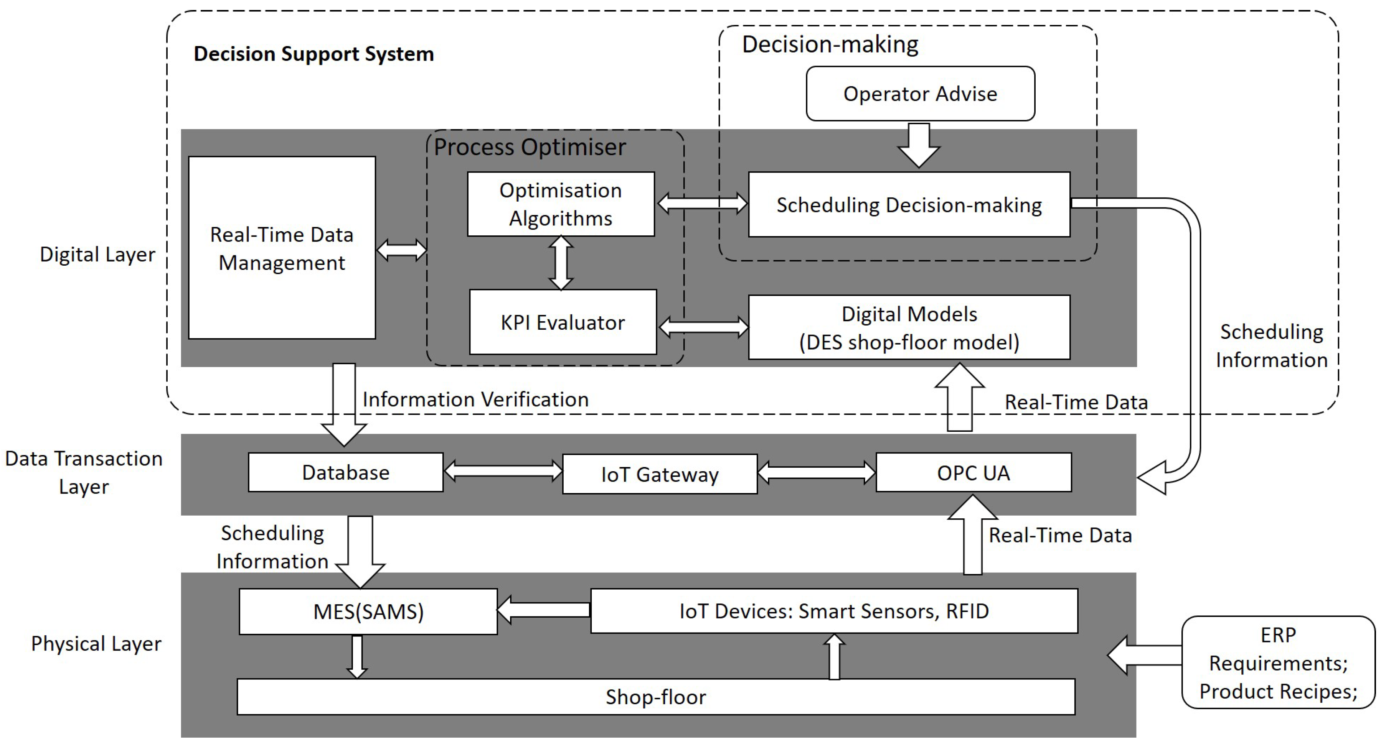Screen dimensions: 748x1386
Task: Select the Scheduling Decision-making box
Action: [x=909, y=204]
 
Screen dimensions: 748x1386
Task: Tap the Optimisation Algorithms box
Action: [x=561, y=204]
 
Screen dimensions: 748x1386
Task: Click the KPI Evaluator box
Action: [x=563, y=322]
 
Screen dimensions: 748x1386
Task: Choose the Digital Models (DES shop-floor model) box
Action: [x=909, y=327]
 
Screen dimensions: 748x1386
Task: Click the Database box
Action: [x=345, y=472]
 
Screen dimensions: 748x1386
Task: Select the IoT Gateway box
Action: [x=660, y=474]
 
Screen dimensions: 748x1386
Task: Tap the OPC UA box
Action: [x=973, y=472]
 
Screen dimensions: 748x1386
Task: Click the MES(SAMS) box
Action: [x=368, y=612]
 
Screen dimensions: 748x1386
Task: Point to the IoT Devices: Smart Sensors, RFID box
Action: [x=833, y=611]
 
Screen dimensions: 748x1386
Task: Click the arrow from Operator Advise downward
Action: [x=919, y=145]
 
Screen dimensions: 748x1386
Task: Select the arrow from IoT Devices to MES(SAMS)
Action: [x=543, y=610]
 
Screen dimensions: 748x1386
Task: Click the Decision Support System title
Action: [x=313, y=54]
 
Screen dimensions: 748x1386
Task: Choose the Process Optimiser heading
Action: [x=530, y=147]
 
